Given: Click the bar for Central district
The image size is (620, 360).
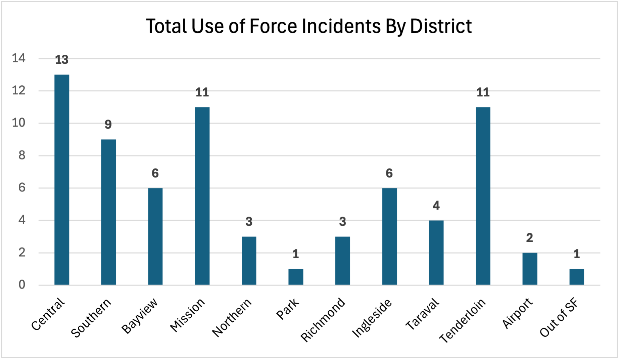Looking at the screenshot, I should point(62,180).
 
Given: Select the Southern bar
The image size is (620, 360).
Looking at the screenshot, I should point(108,212).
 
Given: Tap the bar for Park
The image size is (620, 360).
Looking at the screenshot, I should point(296,277).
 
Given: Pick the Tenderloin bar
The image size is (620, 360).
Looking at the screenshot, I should point(483,196).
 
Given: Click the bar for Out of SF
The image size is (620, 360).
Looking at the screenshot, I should point(576,277).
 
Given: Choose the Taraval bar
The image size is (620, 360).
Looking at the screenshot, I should point(436,253).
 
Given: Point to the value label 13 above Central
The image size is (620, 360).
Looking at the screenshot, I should point(62,60).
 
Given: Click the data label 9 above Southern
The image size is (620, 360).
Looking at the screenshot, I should point(108,125).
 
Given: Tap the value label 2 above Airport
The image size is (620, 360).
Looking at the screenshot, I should point(529,238).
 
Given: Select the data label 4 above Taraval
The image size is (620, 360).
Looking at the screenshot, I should point(436,206).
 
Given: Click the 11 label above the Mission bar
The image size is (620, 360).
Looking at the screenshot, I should point(202,92).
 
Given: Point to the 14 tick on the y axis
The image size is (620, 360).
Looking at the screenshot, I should point(19,58).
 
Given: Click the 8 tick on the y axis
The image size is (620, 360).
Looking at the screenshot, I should point(22,155).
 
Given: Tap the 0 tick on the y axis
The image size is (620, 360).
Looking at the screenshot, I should point(22,285).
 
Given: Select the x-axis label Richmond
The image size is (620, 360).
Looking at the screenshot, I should point(323,320).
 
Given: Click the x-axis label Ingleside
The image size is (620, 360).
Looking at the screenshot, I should point(372,318).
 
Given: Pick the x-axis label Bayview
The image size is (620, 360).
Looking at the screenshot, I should point(140,316).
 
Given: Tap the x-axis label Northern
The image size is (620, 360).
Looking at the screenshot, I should point(232,317).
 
